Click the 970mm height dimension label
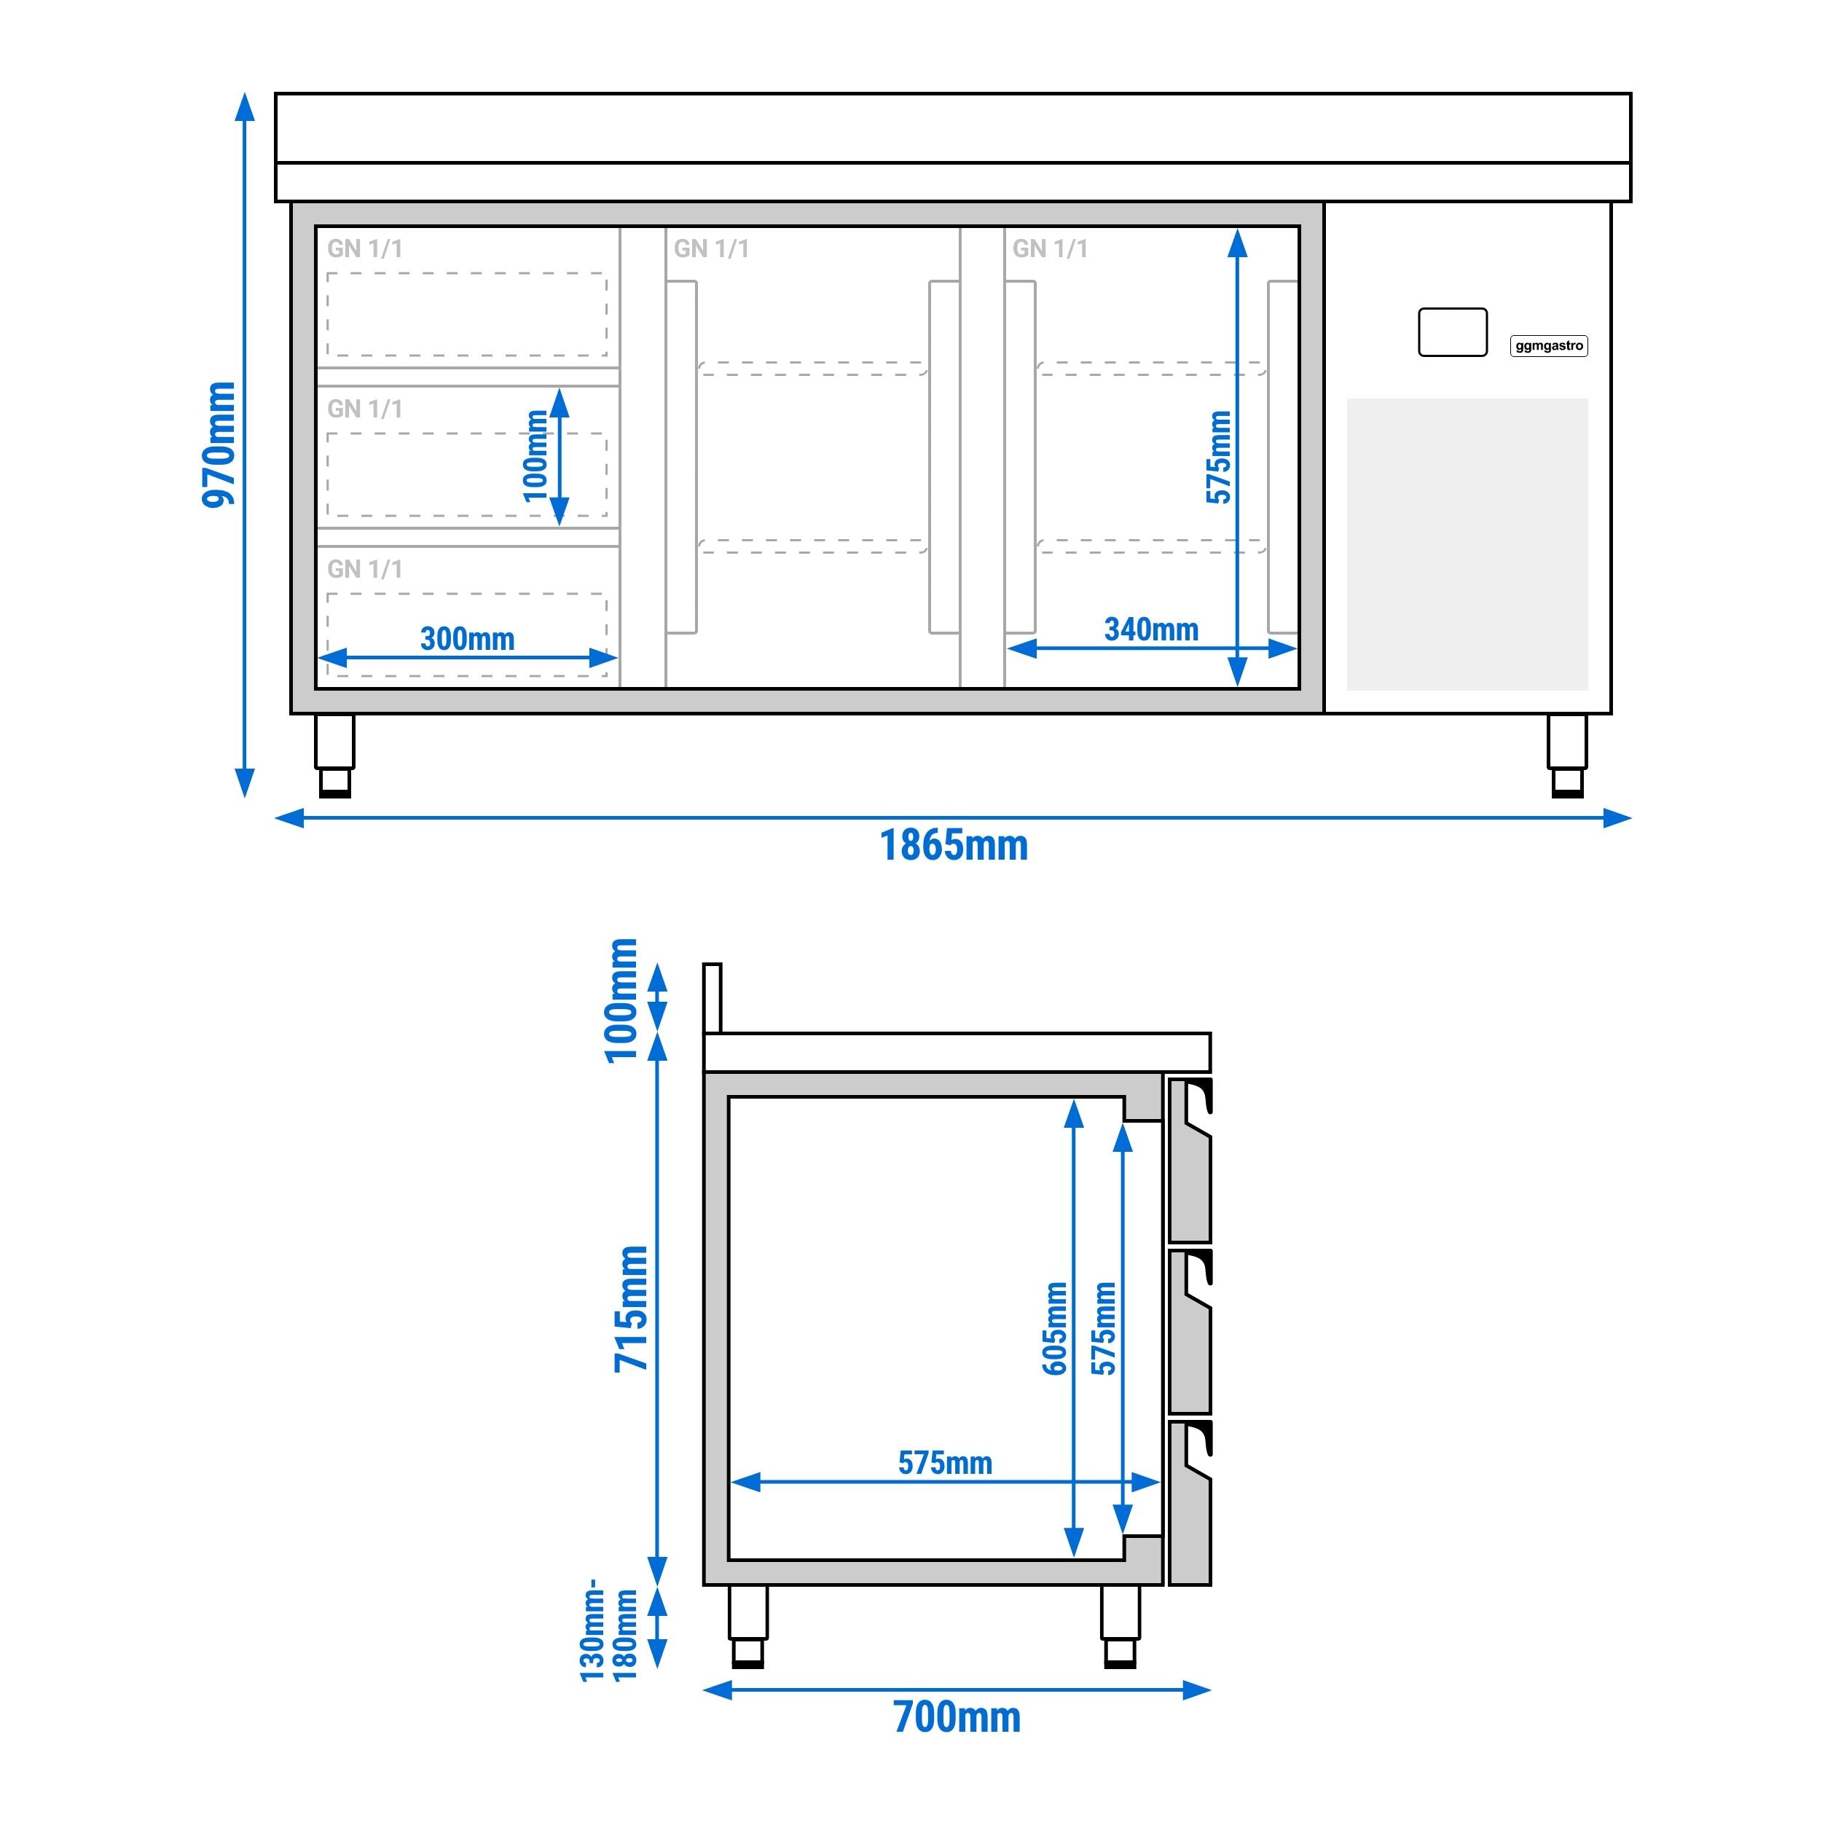click(x=219, y=444)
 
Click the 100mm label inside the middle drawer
click(x=535, y=455)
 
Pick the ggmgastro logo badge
click(x=1548, y=346)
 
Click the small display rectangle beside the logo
click(x=1452, y=332)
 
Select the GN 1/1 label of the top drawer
click(x=364, y=248)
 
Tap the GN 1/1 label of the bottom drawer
click(x=364, y=569)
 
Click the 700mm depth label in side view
click(x=957, y=1717)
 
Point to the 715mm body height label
click(x=632, y=1308)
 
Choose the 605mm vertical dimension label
click(x=1055, y=1328)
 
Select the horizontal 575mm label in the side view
click(x=945, y=1463)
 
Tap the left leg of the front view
click(x=334, y=755)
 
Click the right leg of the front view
click(x=1567, y=755)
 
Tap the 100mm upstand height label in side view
click(x=621, y=1000)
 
